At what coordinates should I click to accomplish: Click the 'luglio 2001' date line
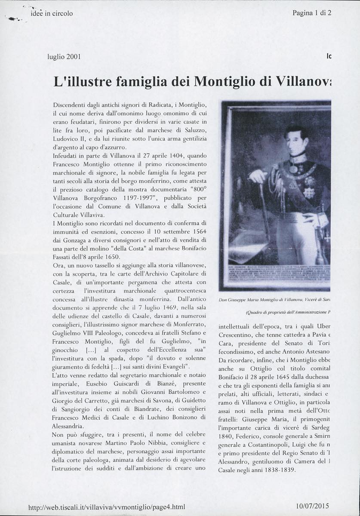64,56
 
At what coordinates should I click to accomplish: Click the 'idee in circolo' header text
52,13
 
